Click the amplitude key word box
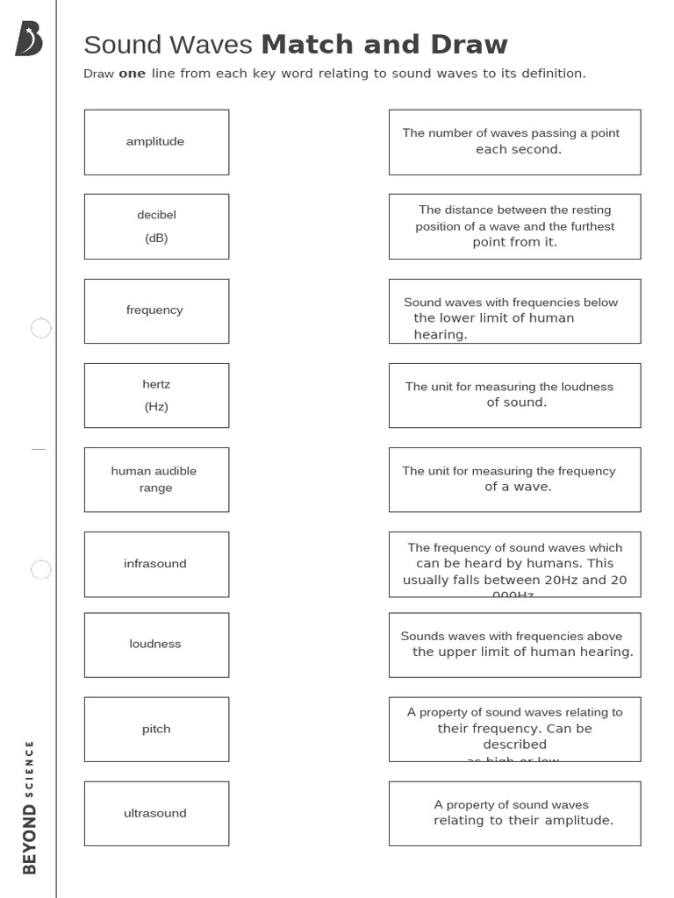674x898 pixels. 156,142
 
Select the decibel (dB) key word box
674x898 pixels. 156,226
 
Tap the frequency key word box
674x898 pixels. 156,310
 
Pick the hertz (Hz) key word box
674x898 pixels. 156,396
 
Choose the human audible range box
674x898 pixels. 156,480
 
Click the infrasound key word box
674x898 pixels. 156,564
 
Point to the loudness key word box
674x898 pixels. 156,645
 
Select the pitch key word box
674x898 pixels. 156,729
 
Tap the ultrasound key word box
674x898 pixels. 156,813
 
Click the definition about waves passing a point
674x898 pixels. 514,142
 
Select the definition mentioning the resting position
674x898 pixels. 514,226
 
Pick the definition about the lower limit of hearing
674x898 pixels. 514,310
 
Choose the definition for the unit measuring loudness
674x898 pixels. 514,396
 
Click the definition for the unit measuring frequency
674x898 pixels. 514,480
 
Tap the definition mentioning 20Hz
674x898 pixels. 514,564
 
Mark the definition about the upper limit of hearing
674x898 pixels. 514,645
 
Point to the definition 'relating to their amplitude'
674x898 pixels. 514,813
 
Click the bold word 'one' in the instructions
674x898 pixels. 132,74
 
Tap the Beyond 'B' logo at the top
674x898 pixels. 28,39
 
